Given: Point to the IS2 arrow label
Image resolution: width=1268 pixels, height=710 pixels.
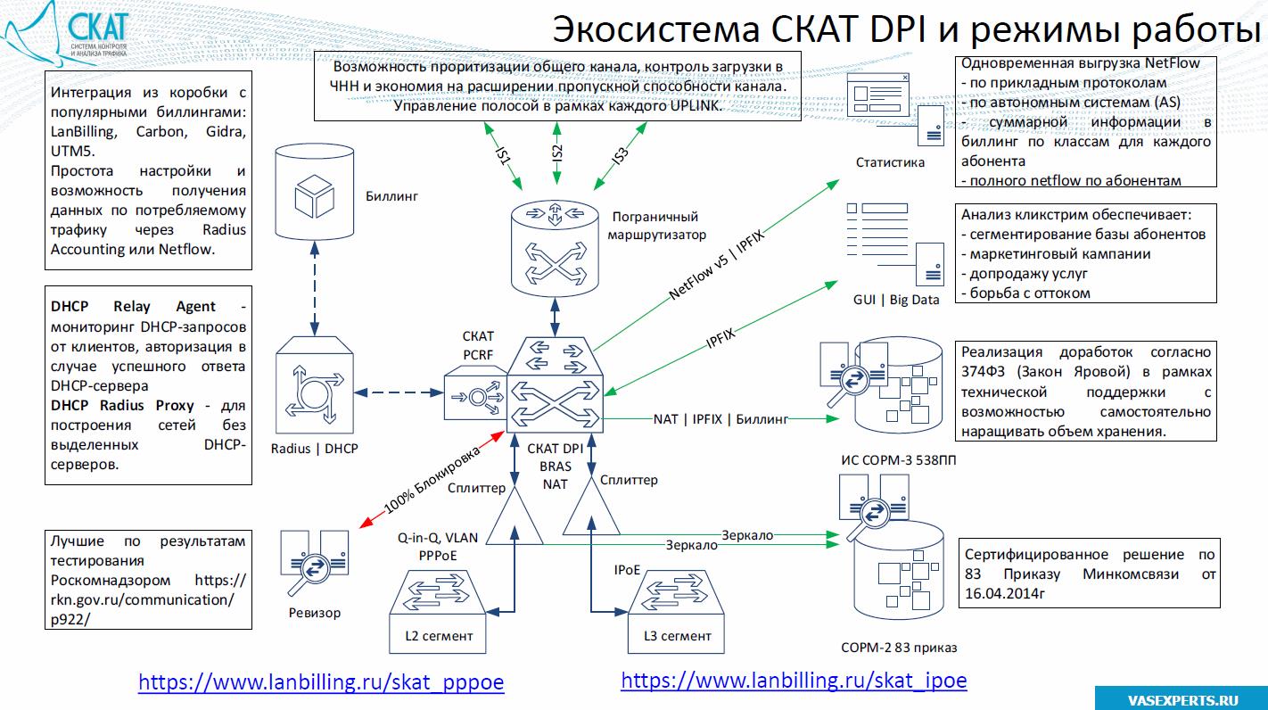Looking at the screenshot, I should point(556,153).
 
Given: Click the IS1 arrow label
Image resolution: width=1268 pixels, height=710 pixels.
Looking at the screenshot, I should point(504,153).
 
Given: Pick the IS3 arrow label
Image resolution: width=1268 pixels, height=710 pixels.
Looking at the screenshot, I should point(619,154).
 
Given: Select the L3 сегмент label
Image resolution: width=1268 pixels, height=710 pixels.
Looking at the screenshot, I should point(677,636).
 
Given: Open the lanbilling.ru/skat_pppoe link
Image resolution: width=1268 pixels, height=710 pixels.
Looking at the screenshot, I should point(321,682).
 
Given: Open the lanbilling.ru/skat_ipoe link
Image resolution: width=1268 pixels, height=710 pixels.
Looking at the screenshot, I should point(794,681).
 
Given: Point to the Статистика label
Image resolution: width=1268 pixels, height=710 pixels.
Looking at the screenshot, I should point(890,162).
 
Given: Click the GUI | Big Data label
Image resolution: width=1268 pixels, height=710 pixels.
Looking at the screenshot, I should point(895,300).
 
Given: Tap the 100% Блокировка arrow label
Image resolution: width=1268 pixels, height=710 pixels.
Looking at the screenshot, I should point(432,479).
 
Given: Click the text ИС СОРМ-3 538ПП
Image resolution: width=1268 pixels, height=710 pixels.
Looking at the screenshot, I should point(906,460).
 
